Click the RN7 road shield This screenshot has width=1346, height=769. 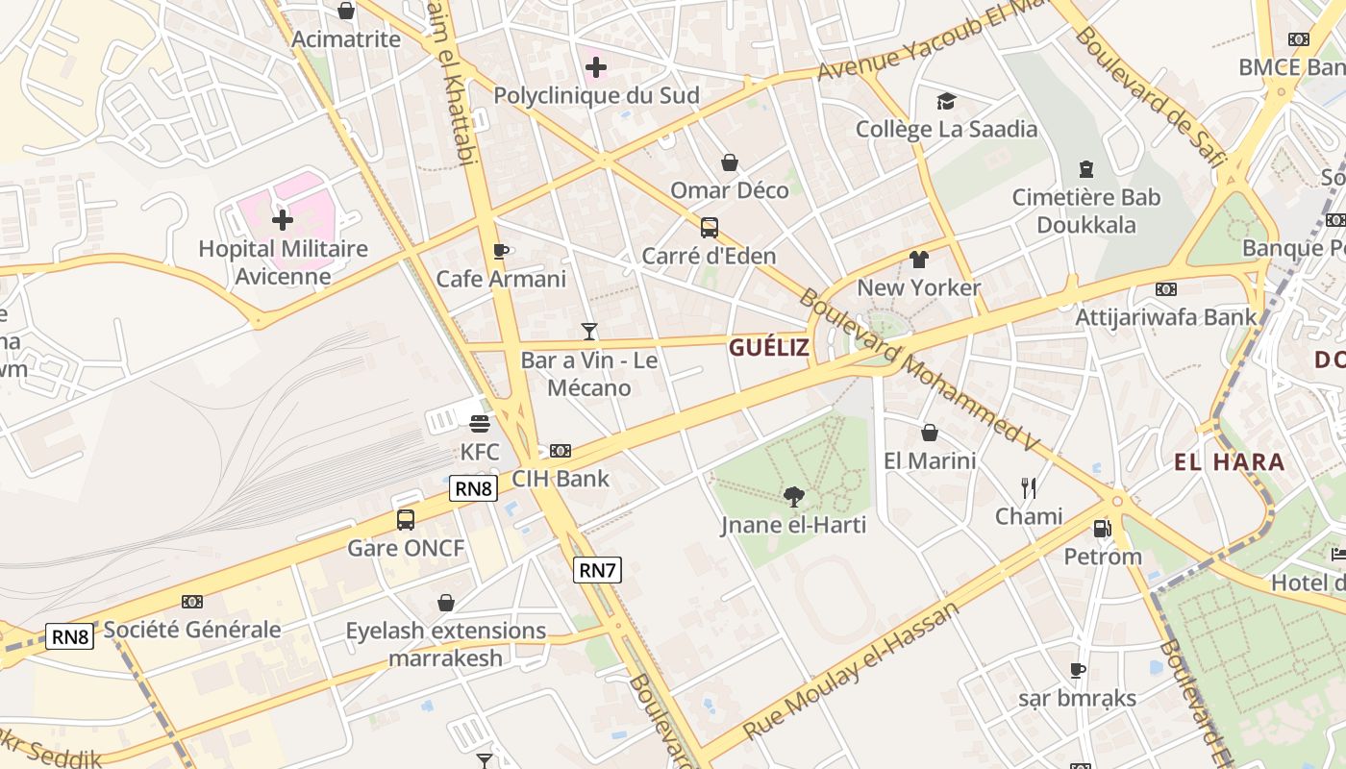597,570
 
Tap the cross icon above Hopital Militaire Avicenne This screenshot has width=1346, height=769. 282,220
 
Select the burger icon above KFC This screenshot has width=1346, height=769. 480,424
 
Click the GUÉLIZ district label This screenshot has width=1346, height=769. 769,347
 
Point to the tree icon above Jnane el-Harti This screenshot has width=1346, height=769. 793,497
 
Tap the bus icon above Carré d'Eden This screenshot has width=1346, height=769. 709,228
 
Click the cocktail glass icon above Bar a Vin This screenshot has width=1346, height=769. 589,332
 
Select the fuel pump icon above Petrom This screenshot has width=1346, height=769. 1102,528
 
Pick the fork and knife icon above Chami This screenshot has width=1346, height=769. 1029,488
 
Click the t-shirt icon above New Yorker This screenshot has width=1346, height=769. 919,260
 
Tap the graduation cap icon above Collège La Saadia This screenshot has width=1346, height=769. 946,101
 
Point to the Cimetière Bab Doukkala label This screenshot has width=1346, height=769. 1086,211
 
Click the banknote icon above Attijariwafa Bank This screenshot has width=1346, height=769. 1166,289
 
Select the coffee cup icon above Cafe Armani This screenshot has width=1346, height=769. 500,251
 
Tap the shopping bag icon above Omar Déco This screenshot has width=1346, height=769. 730,162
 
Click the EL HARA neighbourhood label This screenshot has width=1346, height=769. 1229,462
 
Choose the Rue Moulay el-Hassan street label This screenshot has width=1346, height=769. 852,670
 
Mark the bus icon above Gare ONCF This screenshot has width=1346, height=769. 406,520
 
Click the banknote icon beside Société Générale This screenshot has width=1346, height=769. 192,602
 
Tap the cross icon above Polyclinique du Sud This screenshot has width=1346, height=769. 596,67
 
